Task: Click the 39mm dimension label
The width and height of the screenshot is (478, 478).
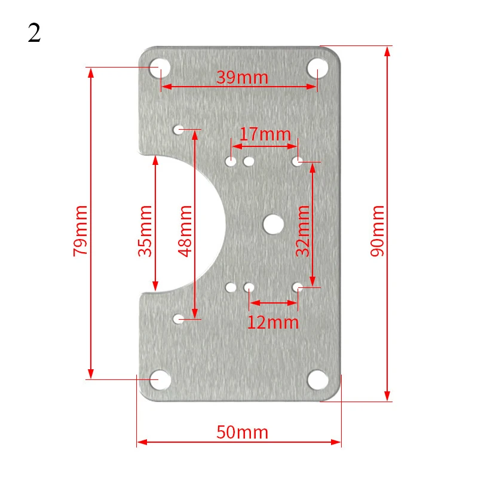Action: [242, 78]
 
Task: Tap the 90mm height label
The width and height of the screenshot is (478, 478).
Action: [378, 231]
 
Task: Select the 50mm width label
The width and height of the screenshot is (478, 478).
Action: [243, 432]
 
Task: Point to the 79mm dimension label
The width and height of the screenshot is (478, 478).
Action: [80, 231]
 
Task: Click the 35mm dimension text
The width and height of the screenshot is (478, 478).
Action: [145, 231]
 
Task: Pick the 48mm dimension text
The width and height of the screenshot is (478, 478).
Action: [185, 231]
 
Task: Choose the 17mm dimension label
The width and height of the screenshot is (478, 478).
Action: [265, 134]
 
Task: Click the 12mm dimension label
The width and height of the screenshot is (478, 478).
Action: [272, 323]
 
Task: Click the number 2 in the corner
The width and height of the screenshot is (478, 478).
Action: [34, 33]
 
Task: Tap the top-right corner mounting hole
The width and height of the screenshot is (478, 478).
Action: [317, 67]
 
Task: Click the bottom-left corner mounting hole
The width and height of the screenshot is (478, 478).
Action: [160, 379]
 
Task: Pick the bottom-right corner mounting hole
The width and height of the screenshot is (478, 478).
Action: [317, 379]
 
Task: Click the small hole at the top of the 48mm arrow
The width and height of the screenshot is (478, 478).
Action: [178, 129]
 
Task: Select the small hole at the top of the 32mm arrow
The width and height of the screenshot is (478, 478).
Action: [296, 161]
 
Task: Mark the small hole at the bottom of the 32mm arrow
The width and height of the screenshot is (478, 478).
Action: [296, 287]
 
